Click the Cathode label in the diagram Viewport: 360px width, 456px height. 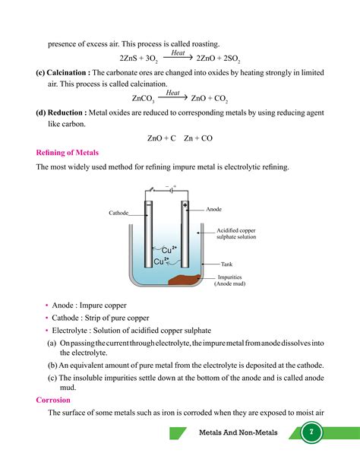(x=118, y=214)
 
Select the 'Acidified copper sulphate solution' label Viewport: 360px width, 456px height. (x=237, y=233)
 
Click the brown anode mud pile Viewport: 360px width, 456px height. (x=185, y=280)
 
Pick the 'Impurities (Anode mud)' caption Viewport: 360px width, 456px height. (x=229, y=280)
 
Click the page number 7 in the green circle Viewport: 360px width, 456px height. (x=310, y=432)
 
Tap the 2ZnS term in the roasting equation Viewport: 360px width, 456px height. (x=131, y=59)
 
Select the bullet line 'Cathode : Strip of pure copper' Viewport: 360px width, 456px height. (x=100, y=318)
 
